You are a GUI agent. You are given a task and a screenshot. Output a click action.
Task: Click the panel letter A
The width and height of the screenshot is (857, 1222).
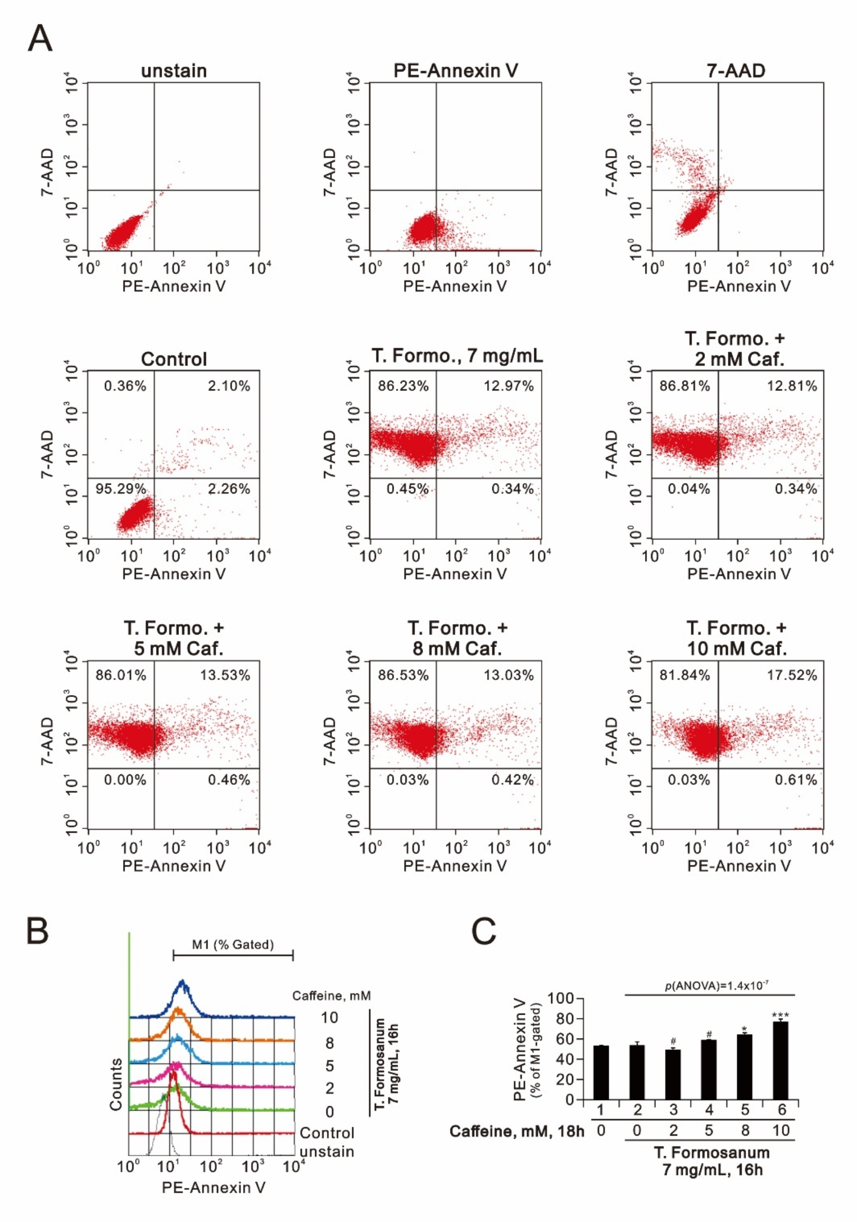40,38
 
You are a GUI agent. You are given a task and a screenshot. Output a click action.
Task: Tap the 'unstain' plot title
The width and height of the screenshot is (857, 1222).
174,71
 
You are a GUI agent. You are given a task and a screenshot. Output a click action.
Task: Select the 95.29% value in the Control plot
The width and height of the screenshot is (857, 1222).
121,488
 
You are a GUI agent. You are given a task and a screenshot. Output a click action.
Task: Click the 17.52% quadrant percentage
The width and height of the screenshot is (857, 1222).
791,675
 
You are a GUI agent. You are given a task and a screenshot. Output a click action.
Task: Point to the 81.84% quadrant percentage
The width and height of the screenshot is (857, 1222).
685,675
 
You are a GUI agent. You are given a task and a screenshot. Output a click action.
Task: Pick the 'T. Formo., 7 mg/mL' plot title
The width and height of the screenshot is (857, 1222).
457,355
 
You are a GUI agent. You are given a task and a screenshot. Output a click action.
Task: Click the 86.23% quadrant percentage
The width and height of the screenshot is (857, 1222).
403,386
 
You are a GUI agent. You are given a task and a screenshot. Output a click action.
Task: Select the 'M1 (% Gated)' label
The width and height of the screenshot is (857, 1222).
233,945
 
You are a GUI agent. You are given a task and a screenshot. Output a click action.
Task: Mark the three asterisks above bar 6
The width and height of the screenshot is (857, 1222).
780,1015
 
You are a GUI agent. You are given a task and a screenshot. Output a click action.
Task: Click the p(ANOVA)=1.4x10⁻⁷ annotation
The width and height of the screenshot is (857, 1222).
716,986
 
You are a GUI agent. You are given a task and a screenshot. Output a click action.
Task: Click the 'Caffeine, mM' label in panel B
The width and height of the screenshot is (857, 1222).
331,995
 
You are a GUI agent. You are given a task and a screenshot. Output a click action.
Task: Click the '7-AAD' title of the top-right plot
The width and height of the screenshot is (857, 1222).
735,71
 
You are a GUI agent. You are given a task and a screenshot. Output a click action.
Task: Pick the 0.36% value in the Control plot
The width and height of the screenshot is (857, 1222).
125,386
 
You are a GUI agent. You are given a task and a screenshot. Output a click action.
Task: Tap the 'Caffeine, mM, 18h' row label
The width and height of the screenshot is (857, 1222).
516,1130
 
